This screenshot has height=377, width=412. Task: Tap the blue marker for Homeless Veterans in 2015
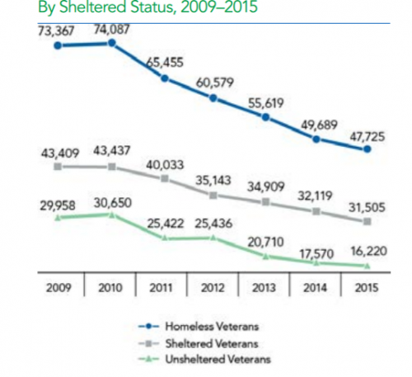click(368, 150)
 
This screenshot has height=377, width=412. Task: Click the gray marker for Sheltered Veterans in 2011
click(165, 178)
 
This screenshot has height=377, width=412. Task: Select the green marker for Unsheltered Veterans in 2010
click(113, 215)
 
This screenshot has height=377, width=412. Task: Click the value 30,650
click(112, 200)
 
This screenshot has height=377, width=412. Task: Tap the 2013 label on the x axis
click(265, 289)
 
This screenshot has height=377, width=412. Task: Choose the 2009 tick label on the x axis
click(57, 289)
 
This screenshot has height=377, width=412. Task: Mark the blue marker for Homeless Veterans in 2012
click(214, 98)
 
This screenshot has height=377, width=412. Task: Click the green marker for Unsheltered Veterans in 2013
click(265, 255)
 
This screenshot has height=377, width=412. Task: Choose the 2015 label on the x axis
click(368, 289)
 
